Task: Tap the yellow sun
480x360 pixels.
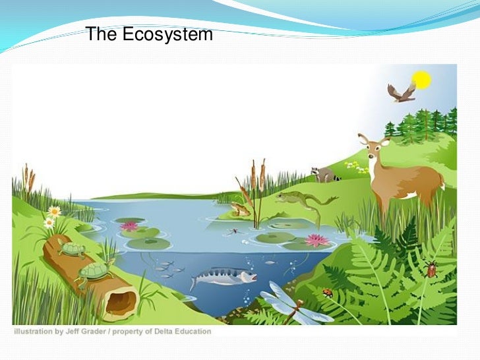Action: [x=421, y=80]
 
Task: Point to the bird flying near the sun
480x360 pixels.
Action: [x=401, y=92]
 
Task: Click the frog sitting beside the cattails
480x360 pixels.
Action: [x=241, y=209]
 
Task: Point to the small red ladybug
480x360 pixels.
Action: [x=327, y=292]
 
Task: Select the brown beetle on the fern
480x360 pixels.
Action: [x=432, y=268]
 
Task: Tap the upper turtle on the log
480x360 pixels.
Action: [x=71, y=248]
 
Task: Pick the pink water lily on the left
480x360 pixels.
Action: [x=130, y=226]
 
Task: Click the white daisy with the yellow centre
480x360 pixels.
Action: [x=54, y=212]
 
